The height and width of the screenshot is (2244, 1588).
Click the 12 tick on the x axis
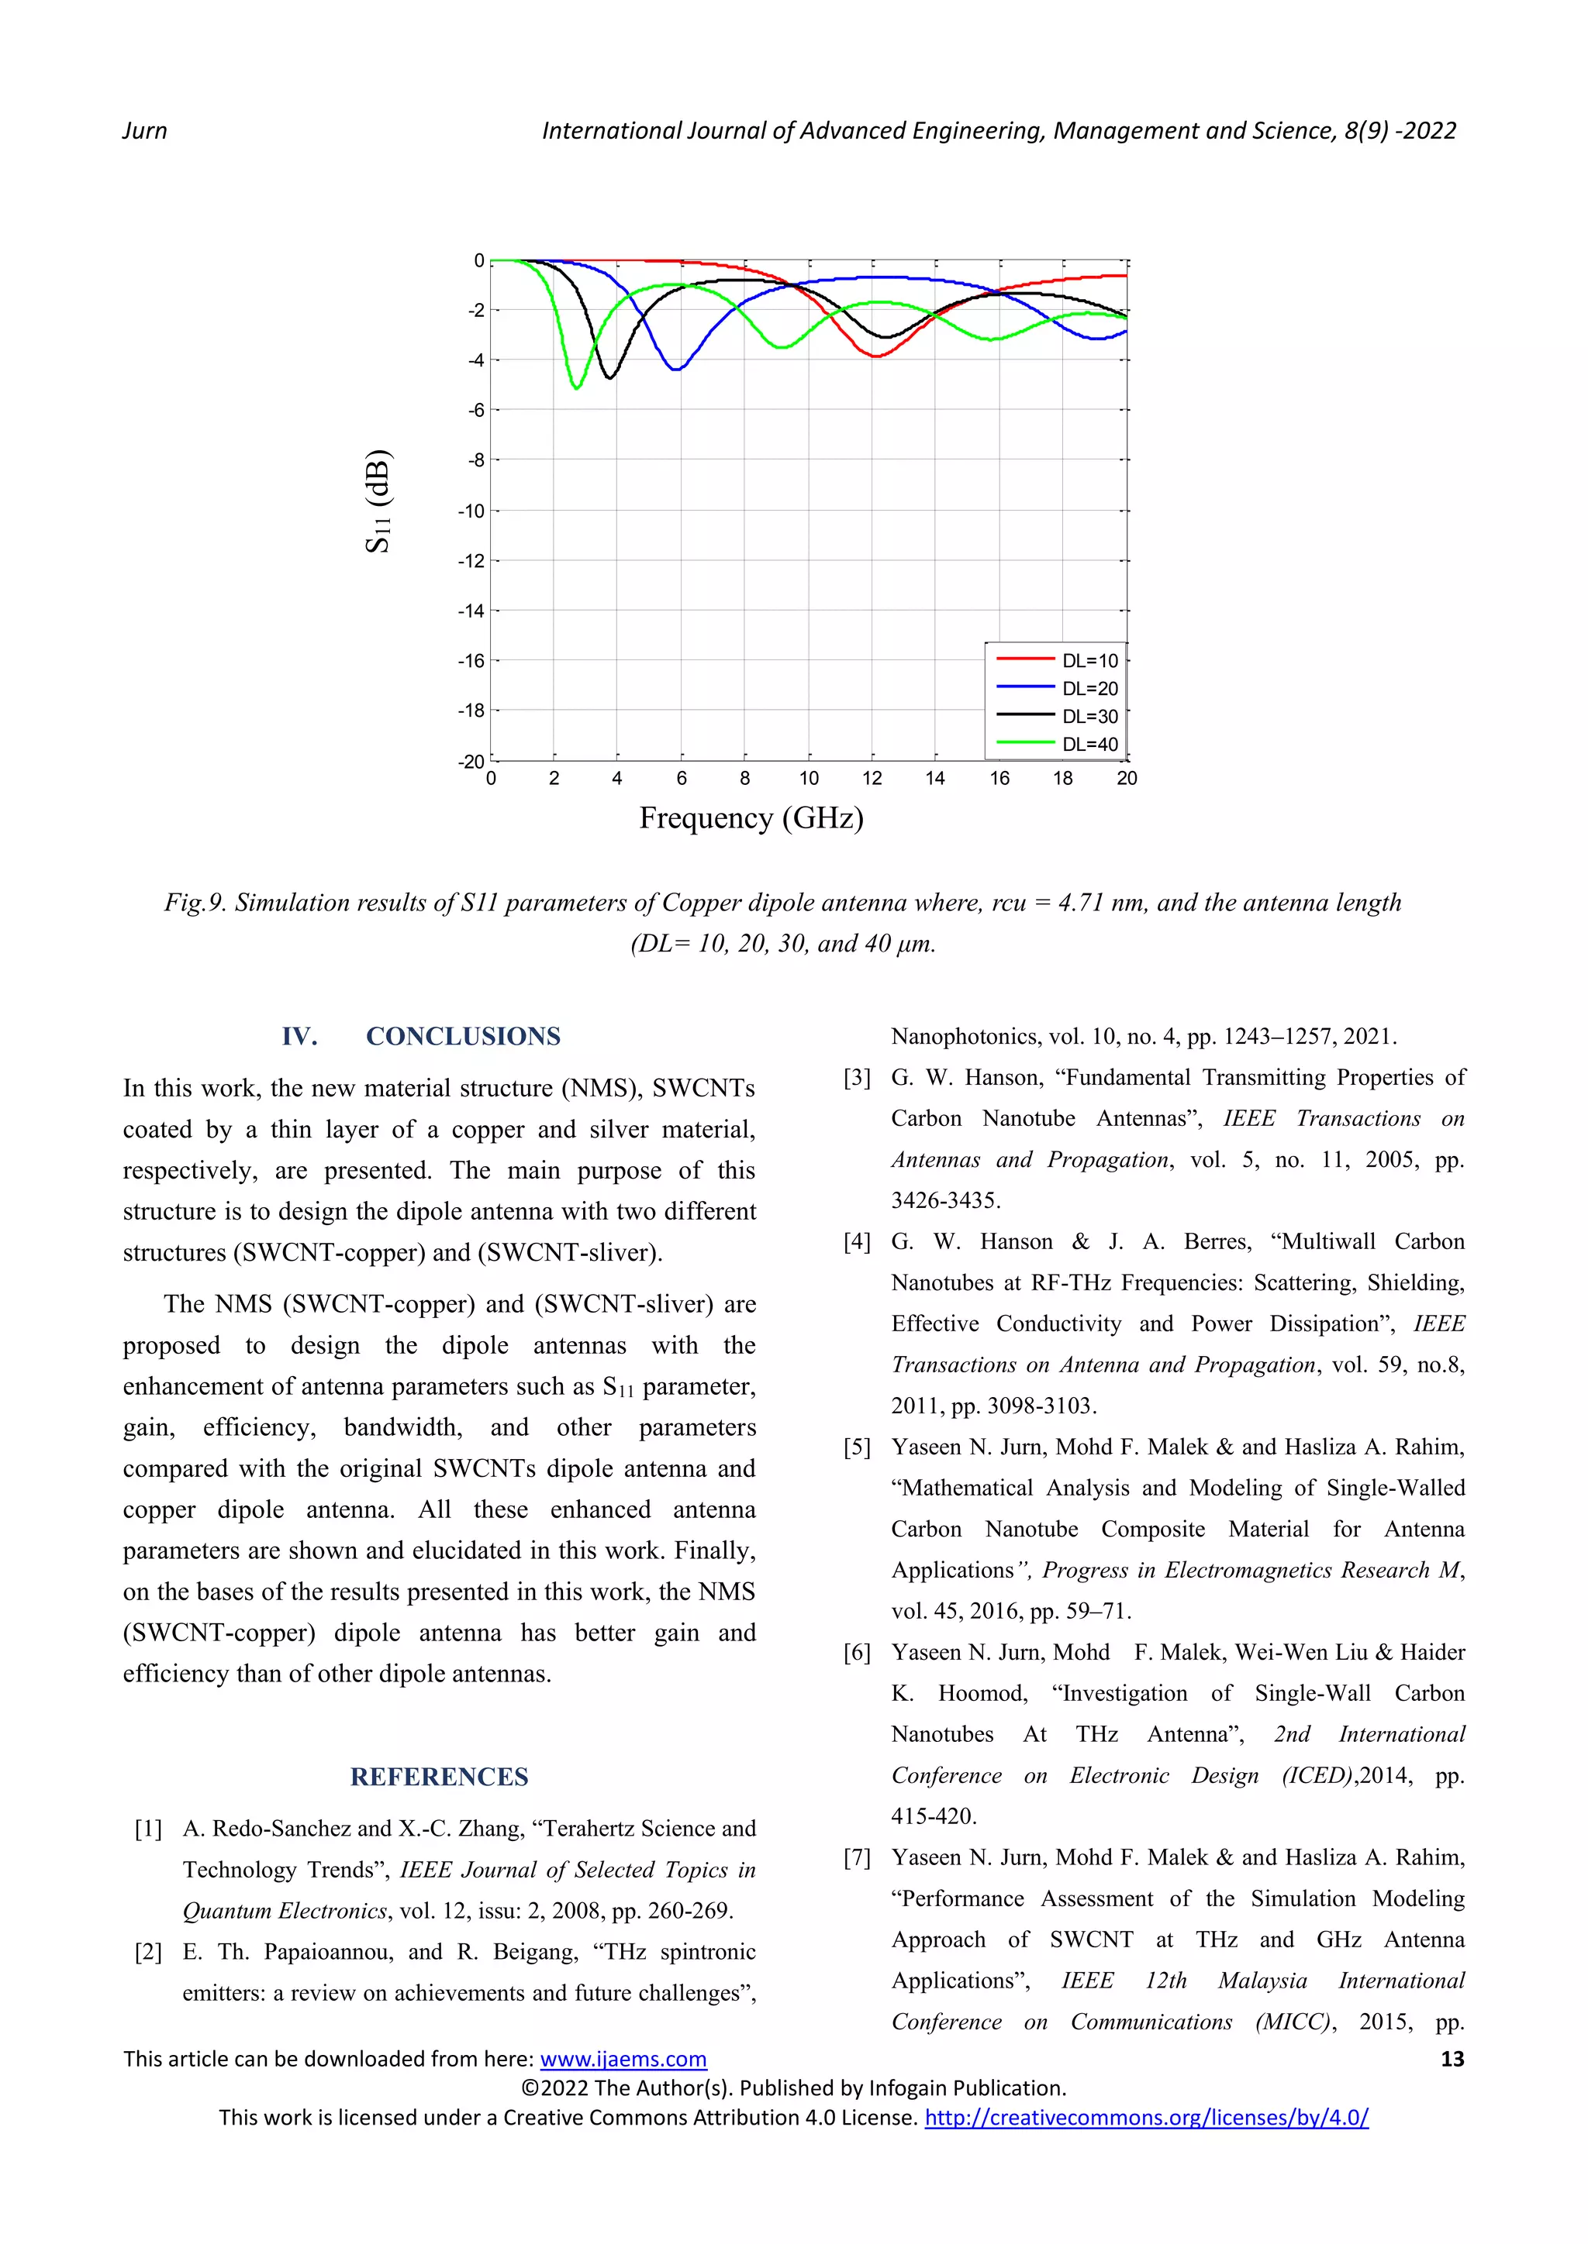(872, 779)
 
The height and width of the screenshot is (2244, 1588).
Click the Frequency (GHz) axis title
(751, 818)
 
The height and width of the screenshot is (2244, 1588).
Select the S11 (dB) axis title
(378, 501)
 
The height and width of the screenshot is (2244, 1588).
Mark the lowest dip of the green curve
(577, 388)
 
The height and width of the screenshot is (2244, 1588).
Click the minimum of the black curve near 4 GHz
(610, 377)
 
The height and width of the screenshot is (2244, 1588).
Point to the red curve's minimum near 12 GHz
(875, 356)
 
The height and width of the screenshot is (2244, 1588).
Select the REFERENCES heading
(439, 1777)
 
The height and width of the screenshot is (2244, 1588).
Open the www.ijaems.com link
(623, 2060)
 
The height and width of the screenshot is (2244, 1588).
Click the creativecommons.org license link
(1146, 2118)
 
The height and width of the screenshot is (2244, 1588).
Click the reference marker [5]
(857, 1447)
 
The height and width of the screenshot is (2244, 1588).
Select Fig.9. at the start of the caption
(195, 903)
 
